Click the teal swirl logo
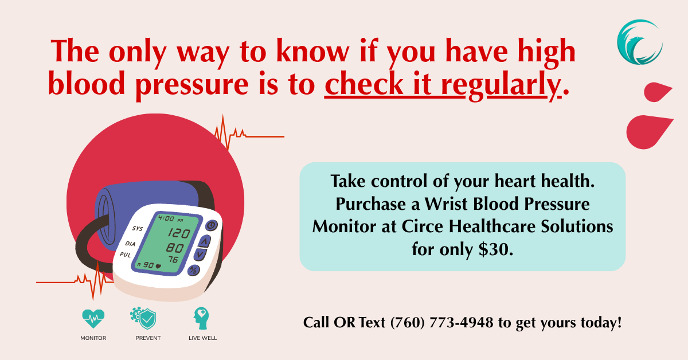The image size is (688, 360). click(640, 42)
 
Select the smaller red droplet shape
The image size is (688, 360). click(658, 92)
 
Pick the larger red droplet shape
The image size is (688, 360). click(649, 132)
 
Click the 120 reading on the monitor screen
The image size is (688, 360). click(179, 233)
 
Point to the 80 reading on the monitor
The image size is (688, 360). click(175, 248)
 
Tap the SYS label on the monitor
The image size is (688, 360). click(138, 229)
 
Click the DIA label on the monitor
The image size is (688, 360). click(130, 244)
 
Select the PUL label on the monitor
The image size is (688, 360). click(126, 255)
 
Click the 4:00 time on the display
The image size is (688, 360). click(166, 218)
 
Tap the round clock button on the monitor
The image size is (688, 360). click(212, 225)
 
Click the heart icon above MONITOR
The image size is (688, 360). click(93, 319)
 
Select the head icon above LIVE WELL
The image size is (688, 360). click(201, 319)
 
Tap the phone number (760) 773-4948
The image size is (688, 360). click(441, 323)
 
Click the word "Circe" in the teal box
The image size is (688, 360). click(423, 226)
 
